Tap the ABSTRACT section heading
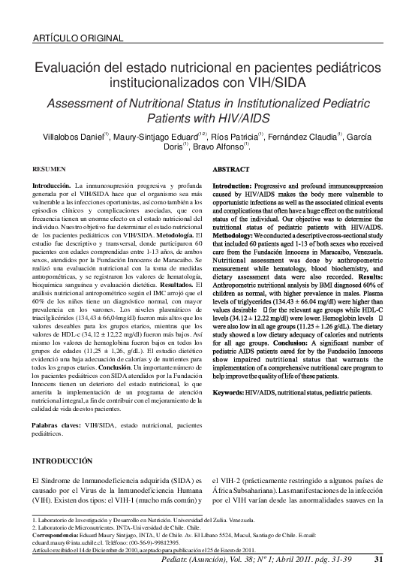tap(230, 171)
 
